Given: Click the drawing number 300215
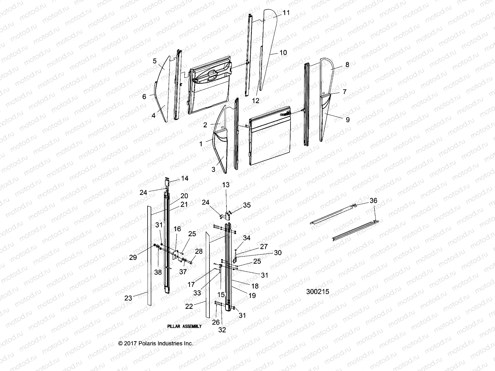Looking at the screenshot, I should pyautogui.click(x=317, y=292).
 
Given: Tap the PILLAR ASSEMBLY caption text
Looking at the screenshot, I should pyautogui.click(x=184, y=326).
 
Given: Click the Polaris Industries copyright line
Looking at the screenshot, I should pyautogui.click(x=156, y=343).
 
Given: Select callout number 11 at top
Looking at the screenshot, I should pyautogui.click(x=286, y=13).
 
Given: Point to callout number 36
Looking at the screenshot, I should pyautogui.click(x=373, y=201).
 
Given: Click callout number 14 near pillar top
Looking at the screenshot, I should pyautogui.click(x=185, y=178).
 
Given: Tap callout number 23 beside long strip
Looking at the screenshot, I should pyautogui.click(x=128, y=298).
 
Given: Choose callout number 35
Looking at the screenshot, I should pyautogui.click(x=247, y=205).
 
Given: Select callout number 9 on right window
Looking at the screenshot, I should pyautogui.click(x=347, y=120).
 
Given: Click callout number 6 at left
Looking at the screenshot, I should pyautogui.click(x=144, y=96).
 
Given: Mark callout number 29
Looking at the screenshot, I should pyautogui.click(x=133, y=257).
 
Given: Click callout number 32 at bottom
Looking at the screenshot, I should pyautogui.click(x=222, y=330).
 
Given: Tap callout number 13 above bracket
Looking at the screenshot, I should pyautogui.click(x=226, y=185).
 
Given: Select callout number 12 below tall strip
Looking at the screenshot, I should pyautogui.click(x=256, y=100).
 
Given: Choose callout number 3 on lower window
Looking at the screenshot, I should pyautogui.click(x=213, y=169).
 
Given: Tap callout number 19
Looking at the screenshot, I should pyautogui.click(x=252, y=296).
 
